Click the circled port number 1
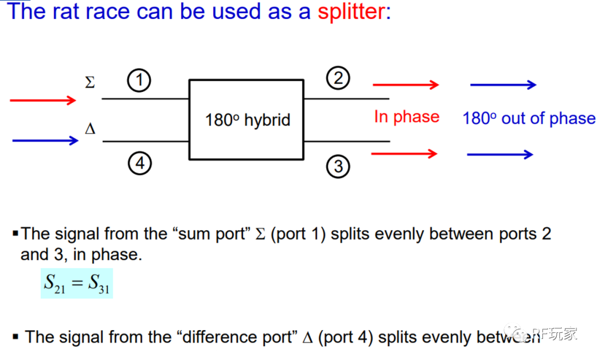tap(139, 81)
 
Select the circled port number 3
tap(338, 166)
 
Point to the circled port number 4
tap(139, 163)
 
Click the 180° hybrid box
tap(247, 119)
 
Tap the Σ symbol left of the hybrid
tap(90, 83)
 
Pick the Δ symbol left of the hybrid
tap(90, 129)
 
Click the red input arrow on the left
tap(43, 100)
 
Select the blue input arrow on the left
tap(45, 140)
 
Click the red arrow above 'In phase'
tap(406, 85)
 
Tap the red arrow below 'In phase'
tap(404, 153)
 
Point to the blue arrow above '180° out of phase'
tap(503, 85)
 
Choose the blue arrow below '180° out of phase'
tap(500, 154)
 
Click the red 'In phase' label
tap(406, 117)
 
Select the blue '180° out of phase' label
tap(528, 118)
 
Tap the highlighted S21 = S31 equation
tap(77, 283)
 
